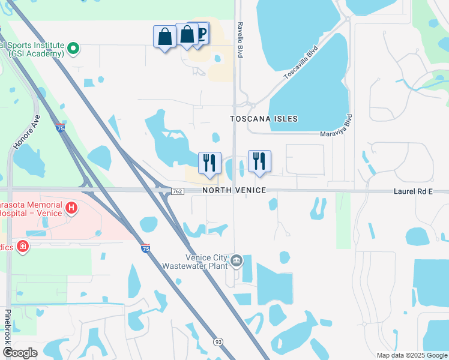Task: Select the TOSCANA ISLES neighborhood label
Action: point(264,119)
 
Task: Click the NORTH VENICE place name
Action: point(234,190)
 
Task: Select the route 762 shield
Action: point(177,191)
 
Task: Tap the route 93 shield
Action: point(218,341)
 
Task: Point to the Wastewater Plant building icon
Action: point(237,260)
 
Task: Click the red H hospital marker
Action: point(71,208)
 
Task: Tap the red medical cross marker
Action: point(23,246)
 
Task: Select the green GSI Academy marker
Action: point(73,48)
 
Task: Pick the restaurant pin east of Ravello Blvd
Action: point(259,161)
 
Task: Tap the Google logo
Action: point(20,353)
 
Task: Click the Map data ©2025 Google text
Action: point(412,355)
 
